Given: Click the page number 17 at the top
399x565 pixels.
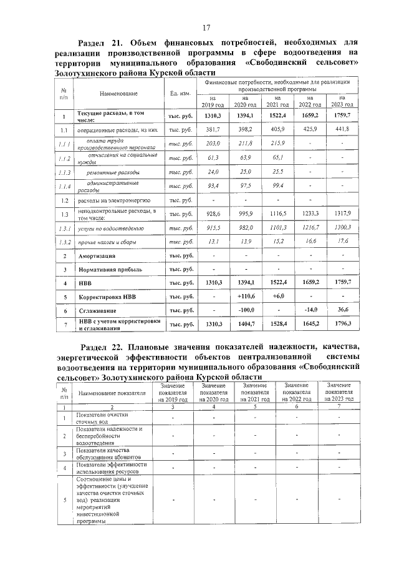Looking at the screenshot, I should pos(206,27).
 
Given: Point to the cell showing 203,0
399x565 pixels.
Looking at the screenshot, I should pos(213,143).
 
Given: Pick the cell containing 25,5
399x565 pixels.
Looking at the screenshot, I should pos(278,171).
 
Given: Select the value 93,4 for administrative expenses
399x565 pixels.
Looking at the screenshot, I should pos(213,185).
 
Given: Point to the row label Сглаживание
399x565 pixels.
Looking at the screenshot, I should pos(98,310).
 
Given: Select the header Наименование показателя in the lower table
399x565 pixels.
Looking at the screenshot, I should pos(112,394).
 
